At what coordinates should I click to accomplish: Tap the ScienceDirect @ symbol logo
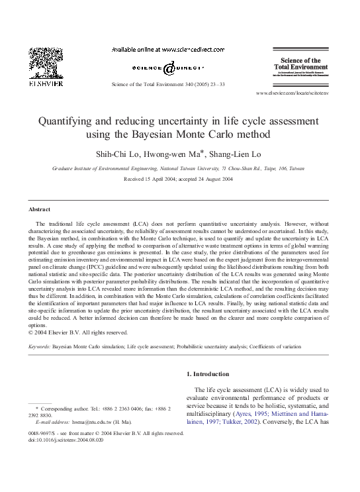click(168, 68)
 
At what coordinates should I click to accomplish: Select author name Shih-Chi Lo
click(127, 154)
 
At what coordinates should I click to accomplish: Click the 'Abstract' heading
click(40, 209)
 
